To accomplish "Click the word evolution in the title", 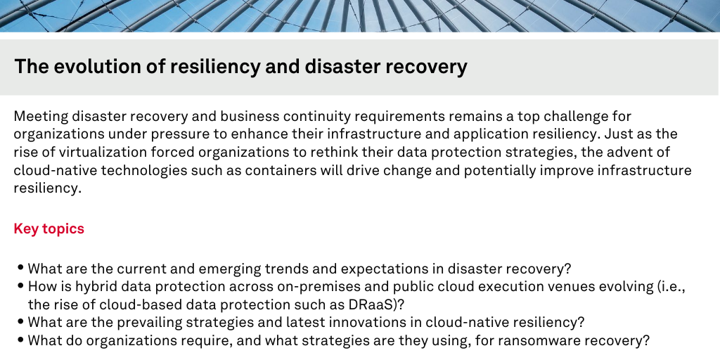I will (x=84, y=67).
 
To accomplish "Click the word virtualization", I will (x=86, y=153).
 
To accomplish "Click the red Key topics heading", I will (x=49, y=229).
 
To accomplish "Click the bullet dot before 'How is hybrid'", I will (x=22, y=285).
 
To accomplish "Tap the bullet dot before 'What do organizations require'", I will (x=22, y=340).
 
